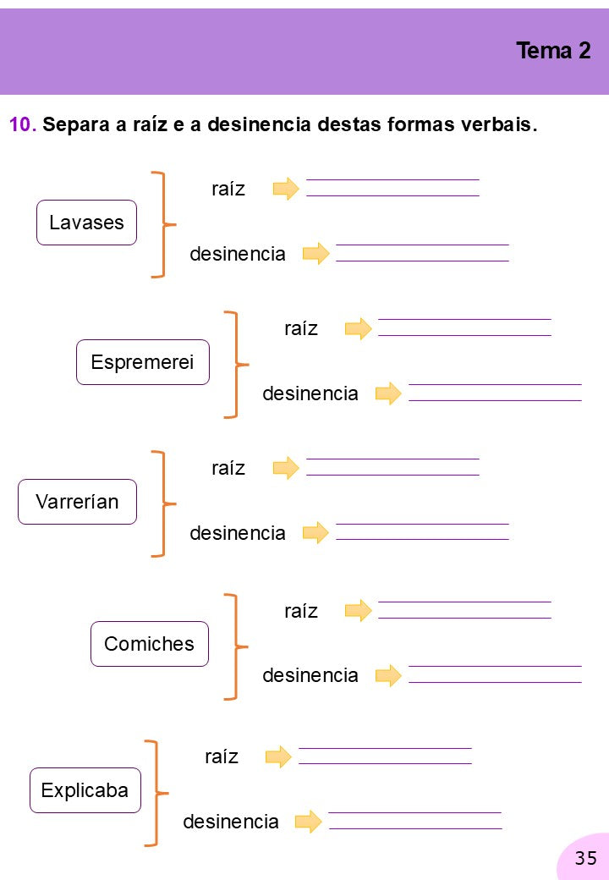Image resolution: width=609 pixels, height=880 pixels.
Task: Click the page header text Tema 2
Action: [553, 51]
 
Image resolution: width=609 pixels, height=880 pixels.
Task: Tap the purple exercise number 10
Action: [23, 124]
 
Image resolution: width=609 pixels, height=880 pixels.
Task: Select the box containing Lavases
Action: [86, 223]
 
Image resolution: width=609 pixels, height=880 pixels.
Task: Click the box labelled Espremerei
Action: [142, 362]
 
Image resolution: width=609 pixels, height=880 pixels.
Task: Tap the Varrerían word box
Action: [77, 502]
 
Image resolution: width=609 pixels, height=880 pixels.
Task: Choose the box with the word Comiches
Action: [150, 644]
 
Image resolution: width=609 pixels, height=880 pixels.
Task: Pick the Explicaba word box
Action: [85, 790]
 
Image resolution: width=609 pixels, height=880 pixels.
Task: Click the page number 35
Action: [586, 857]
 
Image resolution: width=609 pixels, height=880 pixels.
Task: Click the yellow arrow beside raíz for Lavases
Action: [286, 189]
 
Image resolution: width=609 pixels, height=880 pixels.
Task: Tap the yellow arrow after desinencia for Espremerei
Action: [388, 393]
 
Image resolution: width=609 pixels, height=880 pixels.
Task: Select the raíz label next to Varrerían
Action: [228, 467]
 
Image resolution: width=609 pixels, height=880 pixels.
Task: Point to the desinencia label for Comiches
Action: [310, 675]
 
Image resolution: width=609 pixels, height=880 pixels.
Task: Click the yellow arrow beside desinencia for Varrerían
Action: [315, 532]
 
